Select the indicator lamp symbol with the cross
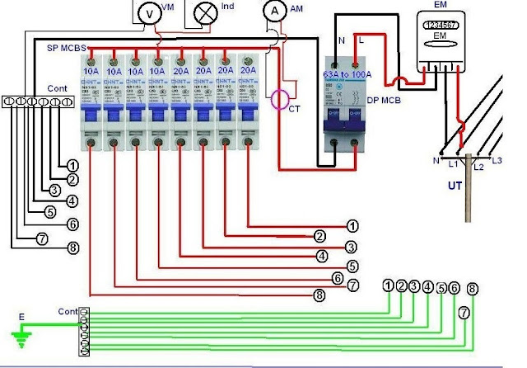click(204, 12)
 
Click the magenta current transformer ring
click(282, 99)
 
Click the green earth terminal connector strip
click(83, 332)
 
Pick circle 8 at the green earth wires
click(472, 289)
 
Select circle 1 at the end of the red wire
click(352, 224)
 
